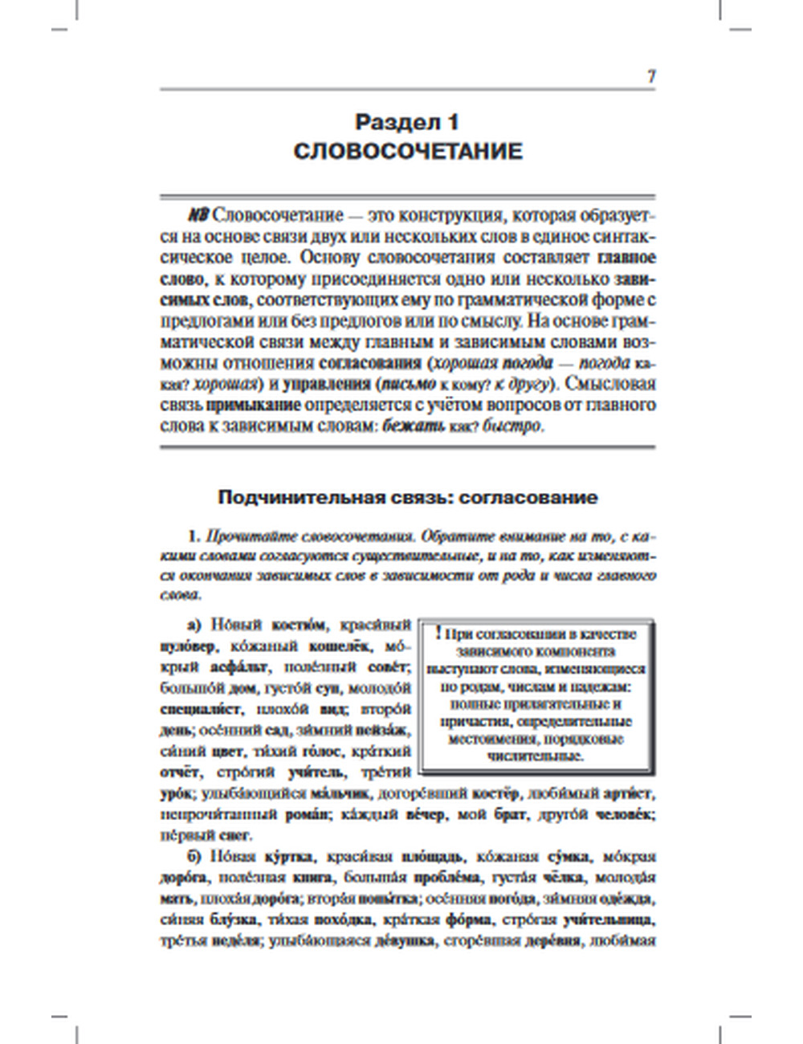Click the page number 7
651,77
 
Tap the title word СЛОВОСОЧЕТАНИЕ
407,151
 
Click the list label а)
195,625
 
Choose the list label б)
196,856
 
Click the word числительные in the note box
536,756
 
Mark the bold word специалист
201,709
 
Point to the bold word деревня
552,940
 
